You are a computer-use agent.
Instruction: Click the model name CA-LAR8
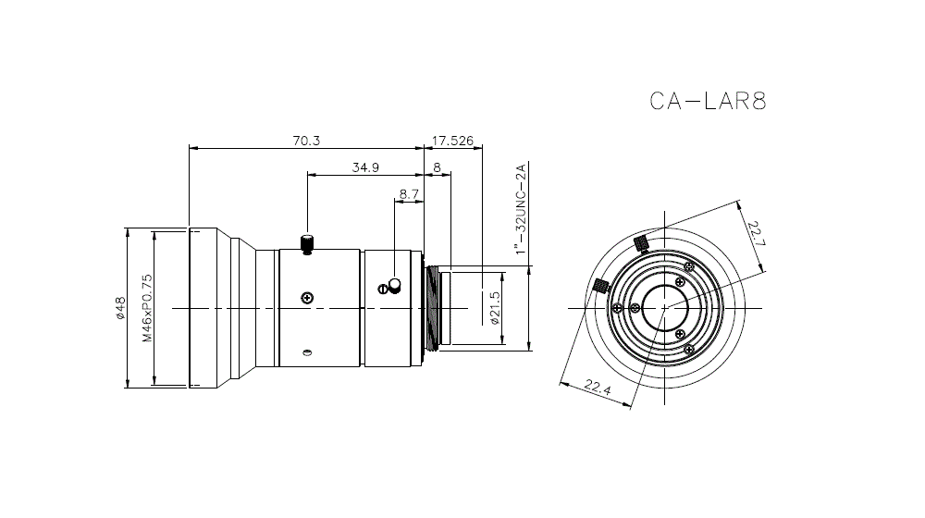pos(709,101)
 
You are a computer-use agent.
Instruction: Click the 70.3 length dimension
pos(306,141)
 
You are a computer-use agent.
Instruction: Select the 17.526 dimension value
pos(453,141)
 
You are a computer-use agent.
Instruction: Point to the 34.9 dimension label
pos(365,167)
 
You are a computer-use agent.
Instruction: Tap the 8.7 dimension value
pos(409,194)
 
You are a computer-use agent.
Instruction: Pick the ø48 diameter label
pos(120,308)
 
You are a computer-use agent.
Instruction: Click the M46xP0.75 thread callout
pos(146,308)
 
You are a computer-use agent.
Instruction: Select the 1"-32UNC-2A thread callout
pos(521,210)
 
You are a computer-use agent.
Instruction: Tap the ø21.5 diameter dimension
pos(495,308)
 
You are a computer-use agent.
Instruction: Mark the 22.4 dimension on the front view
pos(598,386)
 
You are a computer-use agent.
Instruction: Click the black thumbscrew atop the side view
pos(307,243)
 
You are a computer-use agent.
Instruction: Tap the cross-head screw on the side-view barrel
pos(307,297)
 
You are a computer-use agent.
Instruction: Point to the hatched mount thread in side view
pos(432,308)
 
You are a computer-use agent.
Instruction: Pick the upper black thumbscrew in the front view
pos(639,243)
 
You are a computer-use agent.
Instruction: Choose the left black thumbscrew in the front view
pos(599,285)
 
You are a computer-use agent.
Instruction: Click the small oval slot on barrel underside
pos(307,351)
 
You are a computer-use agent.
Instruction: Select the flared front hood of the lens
pos(222,308)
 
